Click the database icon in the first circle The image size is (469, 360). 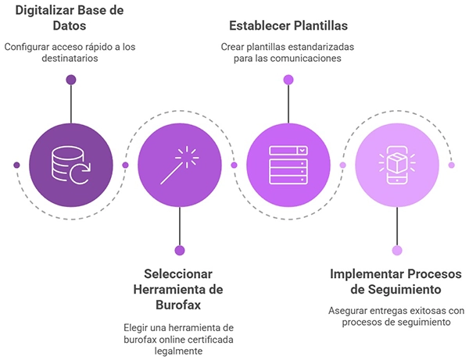click(71, 165)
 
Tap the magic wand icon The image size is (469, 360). click(179, 165)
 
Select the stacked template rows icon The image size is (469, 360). click(288, 165)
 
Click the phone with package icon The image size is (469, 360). click(396, 165)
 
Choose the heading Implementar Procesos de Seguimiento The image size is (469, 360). click(396, 281)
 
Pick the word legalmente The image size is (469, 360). click(180, 352)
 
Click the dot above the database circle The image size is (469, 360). click(71, 80)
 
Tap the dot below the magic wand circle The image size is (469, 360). click(180, 251)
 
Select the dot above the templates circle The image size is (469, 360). click(288, 80)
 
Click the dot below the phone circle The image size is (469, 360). click(396, 251)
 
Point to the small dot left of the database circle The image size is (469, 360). click(17, 165)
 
